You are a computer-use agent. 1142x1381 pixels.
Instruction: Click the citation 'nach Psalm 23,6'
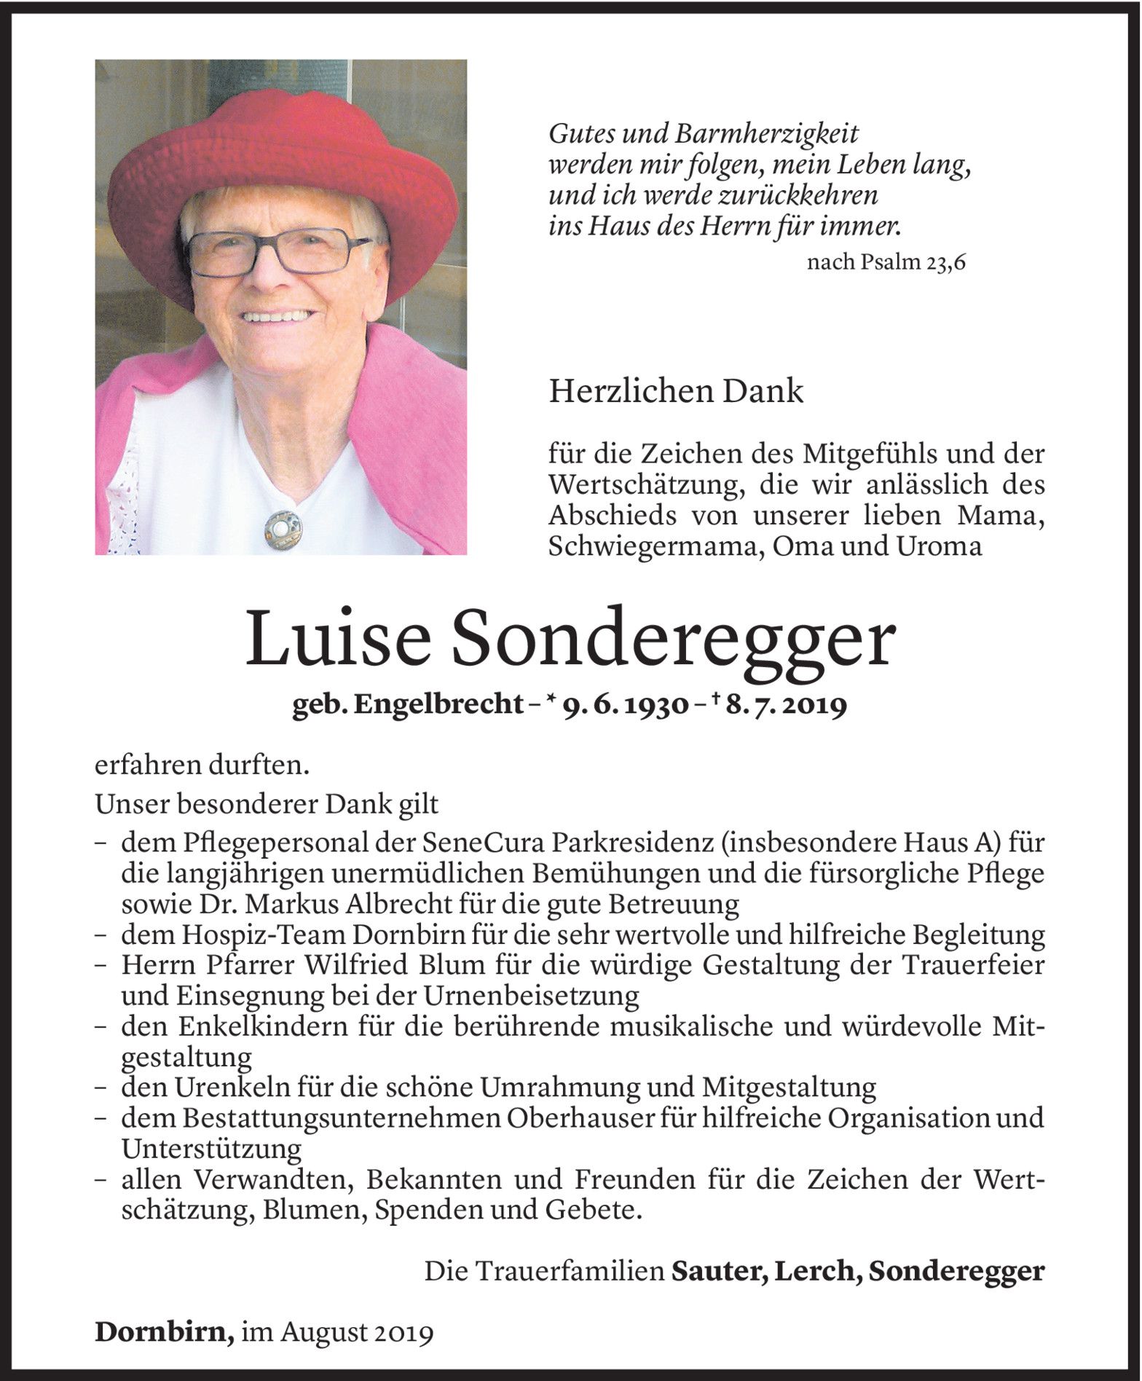(886, 262)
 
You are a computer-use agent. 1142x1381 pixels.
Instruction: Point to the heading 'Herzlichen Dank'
(676, 392)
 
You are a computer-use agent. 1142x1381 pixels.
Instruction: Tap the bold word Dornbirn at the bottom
(163, 1333)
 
